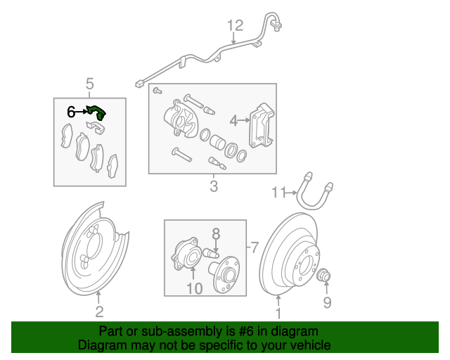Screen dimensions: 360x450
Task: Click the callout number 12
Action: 235,26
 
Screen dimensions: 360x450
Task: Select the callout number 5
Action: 89,84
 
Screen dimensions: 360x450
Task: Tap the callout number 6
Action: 70,112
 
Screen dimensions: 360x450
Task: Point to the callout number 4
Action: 233,120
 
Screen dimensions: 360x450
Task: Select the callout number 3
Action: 214,186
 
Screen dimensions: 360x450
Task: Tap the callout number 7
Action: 255,247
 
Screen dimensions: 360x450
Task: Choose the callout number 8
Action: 216,232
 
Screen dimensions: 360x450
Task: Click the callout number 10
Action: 195,288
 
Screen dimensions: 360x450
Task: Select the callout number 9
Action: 326,303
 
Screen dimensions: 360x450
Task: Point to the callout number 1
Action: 278,314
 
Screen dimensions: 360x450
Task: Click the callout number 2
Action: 99,312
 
